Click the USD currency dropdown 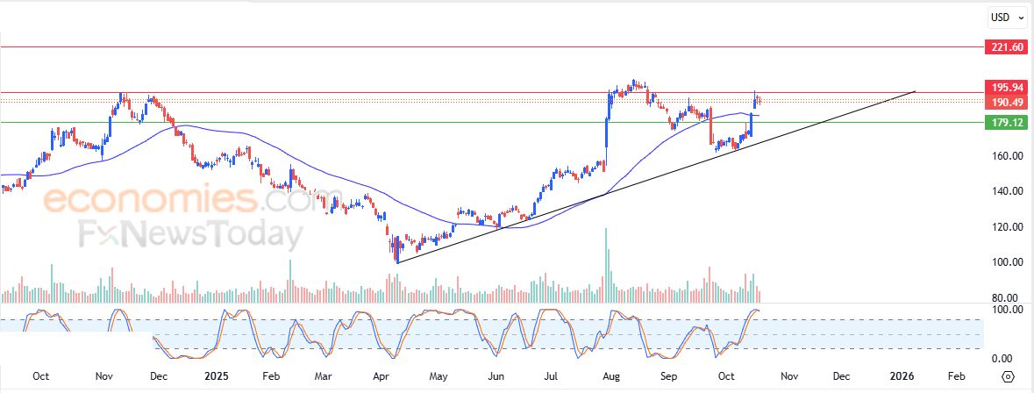point(1004,17)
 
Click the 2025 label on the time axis point(216,375)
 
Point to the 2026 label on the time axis point(902,375)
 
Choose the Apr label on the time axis point(382,375)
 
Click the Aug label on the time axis point(610,375)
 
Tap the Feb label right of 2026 point(956,375)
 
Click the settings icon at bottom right point(1009,375)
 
